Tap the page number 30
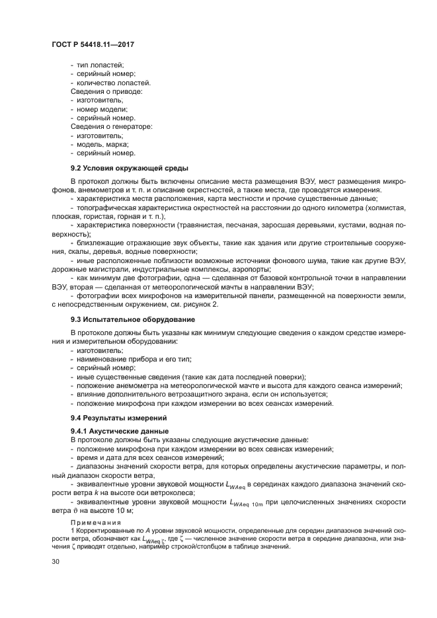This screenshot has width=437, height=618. click(56, 562)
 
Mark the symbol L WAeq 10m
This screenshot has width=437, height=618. click(247, 503)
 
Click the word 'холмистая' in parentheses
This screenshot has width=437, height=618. click(386, 208)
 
